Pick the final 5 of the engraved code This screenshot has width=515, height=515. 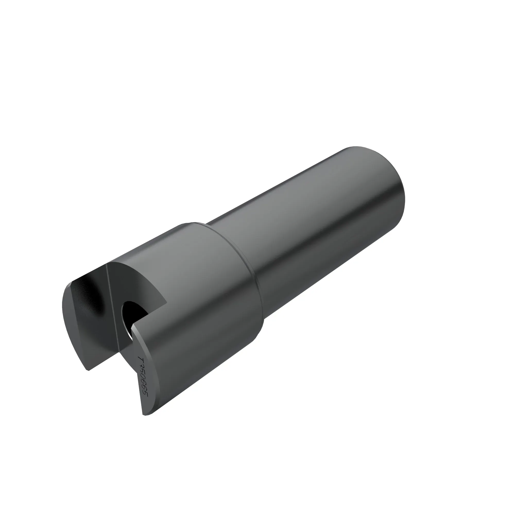pyautogui.click(x=146, y=394)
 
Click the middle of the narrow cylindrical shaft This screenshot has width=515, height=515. pyautogui.click(x=315, y=227)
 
